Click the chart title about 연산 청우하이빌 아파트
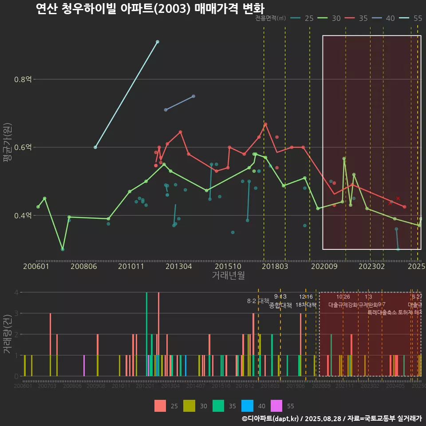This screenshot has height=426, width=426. tap(150, 9)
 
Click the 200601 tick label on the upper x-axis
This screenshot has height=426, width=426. tap(36, 266)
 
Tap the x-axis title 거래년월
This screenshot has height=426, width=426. tap(228, 275)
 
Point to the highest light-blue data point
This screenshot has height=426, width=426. tap(158, 42)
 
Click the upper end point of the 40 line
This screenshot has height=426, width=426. tap(193, 96)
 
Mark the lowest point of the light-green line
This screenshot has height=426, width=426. tap(63, 249)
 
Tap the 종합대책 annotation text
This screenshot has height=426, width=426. tap(280, 305)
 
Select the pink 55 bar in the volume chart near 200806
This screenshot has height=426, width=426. tap(84, 366)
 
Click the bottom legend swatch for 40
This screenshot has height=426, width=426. tap(247, 406)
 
